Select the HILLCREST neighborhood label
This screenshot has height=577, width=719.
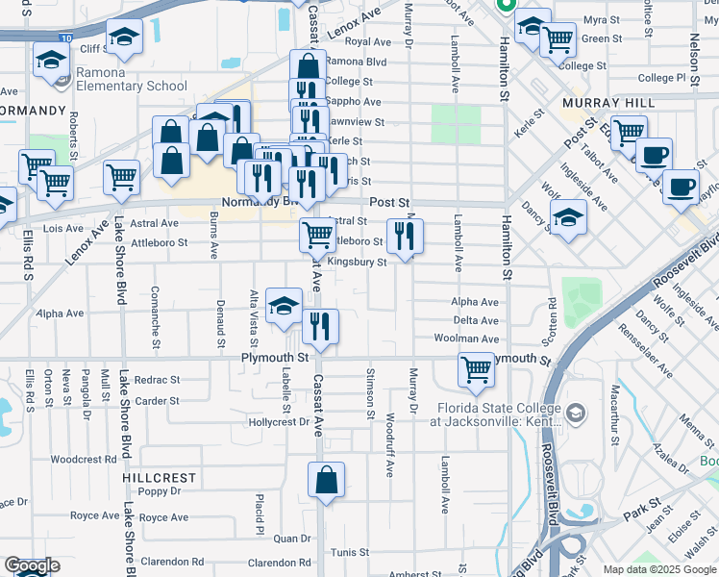[159, 477]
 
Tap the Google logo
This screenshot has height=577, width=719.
[31, 565]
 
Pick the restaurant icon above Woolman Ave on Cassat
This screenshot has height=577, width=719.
[320, 326]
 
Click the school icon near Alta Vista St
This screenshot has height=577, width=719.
[284, 307]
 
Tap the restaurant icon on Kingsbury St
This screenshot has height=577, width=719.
[405, 236]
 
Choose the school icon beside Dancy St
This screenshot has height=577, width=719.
[568, 216]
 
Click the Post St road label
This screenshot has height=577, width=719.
[389, 203]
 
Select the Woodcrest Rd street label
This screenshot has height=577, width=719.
[83, 460]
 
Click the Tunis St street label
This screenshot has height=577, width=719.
[343, 552]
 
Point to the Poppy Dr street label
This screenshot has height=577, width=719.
[160, 491]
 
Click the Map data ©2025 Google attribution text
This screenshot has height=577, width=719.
[657, 569]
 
